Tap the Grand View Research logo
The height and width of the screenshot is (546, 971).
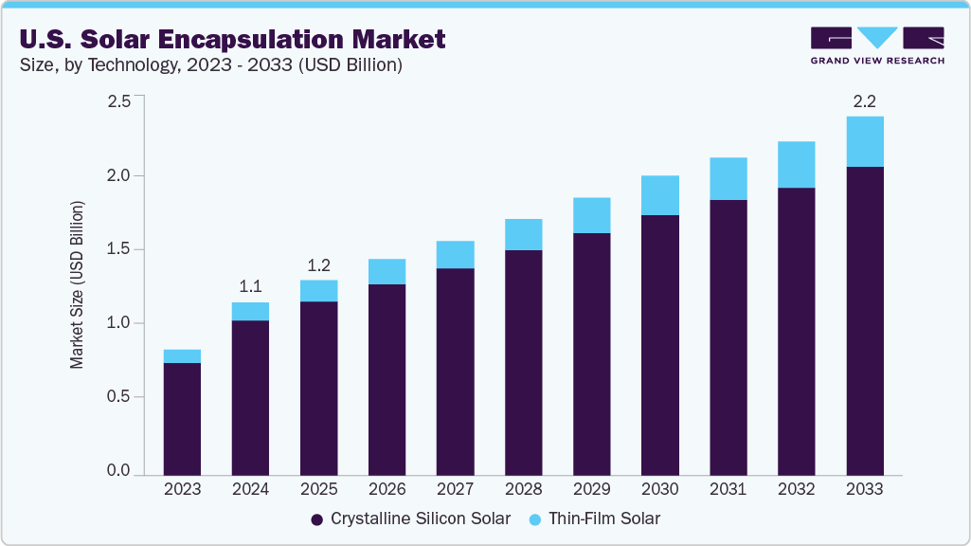876,45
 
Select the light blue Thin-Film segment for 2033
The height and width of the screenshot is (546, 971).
864,141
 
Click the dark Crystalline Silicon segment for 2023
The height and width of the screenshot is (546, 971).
182,418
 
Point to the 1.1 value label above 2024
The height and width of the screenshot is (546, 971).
250,286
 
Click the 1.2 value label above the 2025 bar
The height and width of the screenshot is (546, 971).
318,264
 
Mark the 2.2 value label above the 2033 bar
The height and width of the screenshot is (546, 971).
864,100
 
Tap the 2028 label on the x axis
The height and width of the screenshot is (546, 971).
523,489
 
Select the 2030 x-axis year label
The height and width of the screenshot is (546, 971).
659,489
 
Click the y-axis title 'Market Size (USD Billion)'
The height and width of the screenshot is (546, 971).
77,284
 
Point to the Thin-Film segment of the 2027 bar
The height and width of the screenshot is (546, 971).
455,254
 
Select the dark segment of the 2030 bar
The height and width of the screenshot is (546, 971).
659,344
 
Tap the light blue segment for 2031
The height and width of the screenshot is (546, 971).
728,178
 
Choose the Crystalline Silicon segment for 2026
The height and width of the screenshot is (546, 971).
387,379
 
